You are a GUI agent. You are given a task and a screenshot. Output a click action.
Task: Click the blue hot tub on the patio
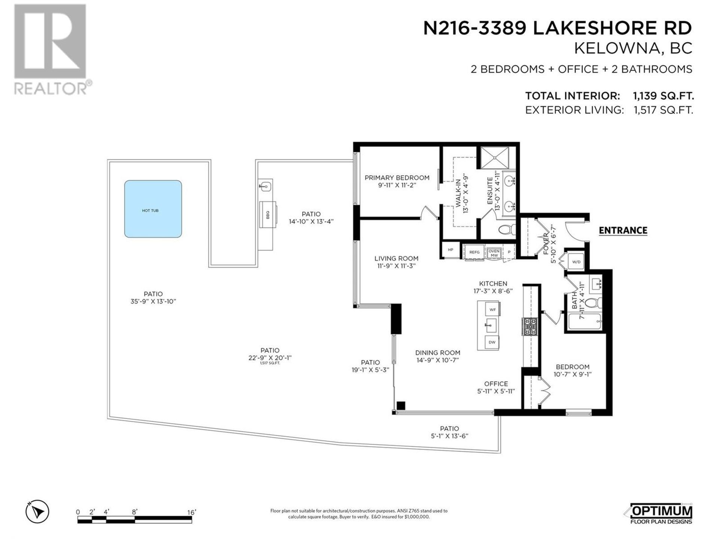tap(153, 209)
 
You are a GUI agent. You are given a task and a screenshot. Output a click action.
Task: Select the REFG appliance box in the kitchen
tap(474, 252)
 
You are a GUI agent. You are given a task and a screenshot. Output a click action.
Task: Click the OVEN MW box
tap(494, 253)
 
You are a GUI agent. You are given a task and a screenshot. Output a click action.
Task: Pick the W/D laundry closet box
tap(576, 262)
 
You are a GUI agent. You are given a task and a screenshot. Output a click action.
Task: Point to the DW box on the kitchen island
tap(492, 342)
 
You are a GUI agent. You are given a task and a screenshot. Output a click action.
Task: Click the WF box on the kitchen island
tap(492, 310)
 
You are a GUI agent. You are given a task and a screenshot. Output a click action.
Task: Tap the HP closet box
tap(450, 250)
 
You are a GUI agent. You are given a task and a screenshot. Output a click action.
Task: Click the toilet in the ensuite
tap(507, 229)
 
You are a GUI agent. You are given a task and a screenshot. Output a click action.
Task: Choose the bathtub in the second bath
tap(585, 322)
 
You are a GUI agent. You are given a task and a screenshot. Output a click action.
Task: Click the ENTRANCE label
tap(623, 230)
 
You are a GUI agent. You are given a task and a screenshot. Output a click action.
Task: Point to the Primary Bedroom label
tap(397, 177)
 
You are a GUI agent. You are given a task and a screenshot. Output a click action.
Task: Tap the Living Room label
tap(397, 258)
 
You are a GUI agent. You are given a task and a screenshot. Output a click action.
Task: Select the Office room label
tap(496, 384)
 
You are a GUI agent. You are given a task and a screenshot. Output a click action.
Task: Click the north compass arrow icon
tap(37, 511)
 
